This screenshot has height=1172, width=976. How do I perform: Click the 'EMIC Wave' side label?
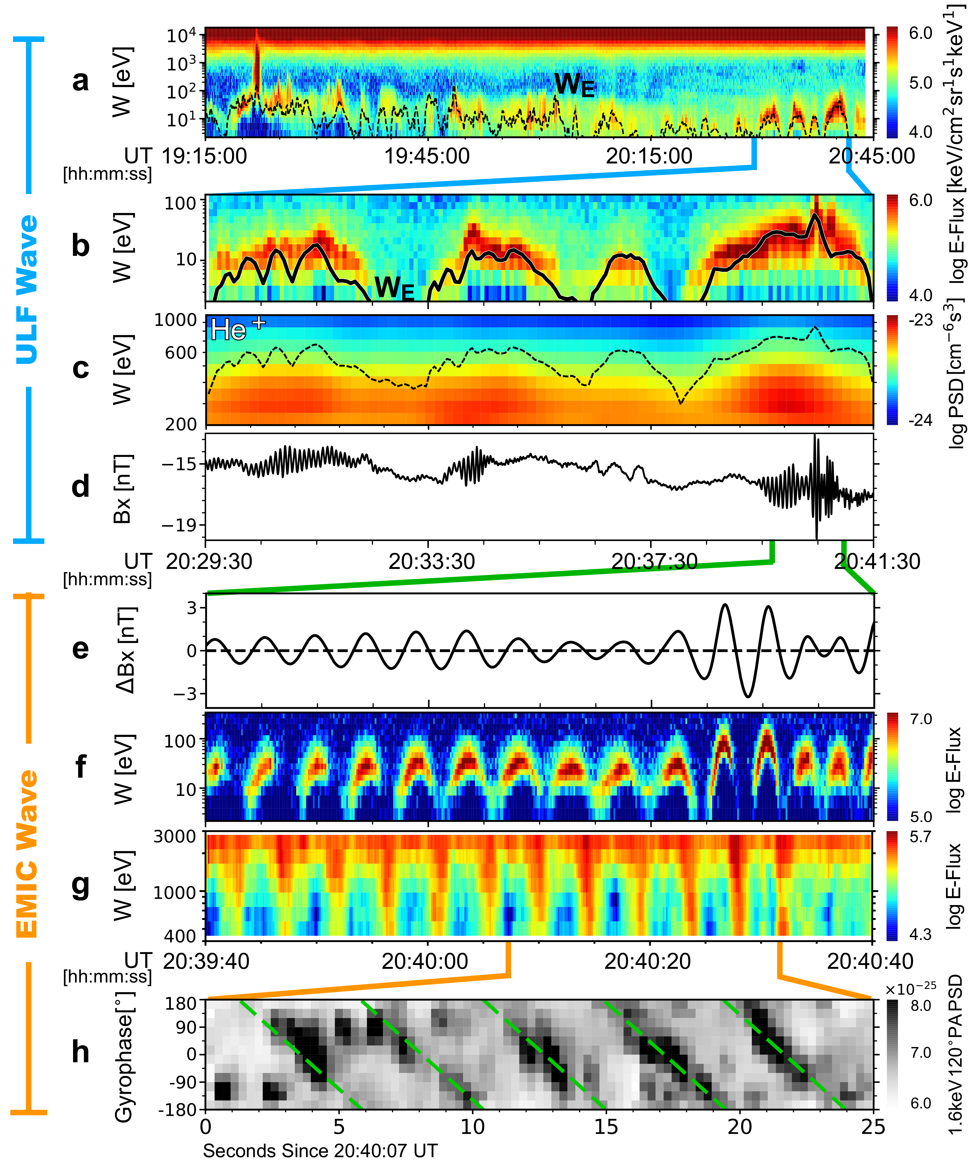coord(27,854)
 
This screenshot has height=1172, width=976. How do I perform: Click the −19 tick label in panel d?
coord(180,525)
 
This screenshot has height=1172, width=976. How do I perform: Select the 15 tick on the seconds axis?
coord(606,1127)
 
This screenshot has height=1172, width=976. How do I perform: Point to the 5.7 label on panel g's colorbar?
coord(920,837)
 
